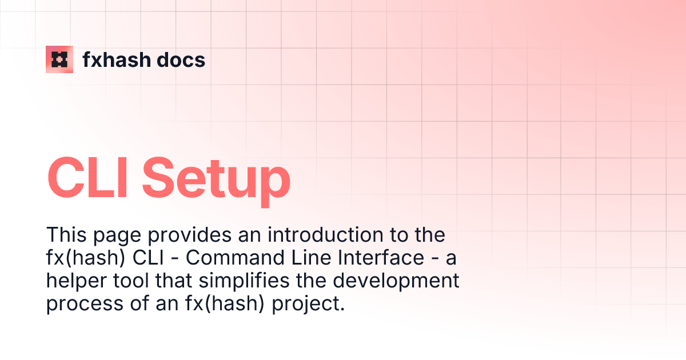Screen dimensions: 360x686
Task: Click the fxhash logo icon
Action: [x=59, y=59]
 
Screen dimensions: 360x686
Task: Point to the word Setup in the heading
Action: [x=216, y=179]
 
